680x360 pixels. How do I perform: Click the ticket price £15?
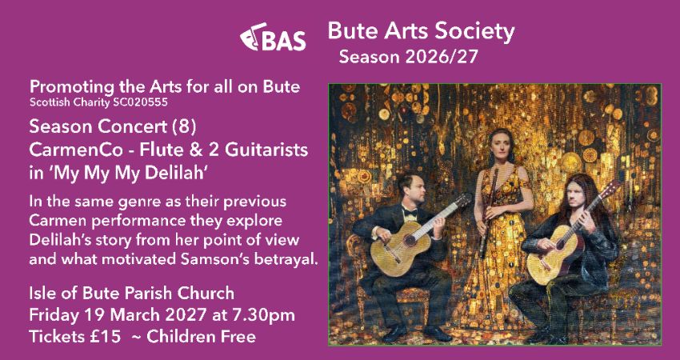click(100, 336)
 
